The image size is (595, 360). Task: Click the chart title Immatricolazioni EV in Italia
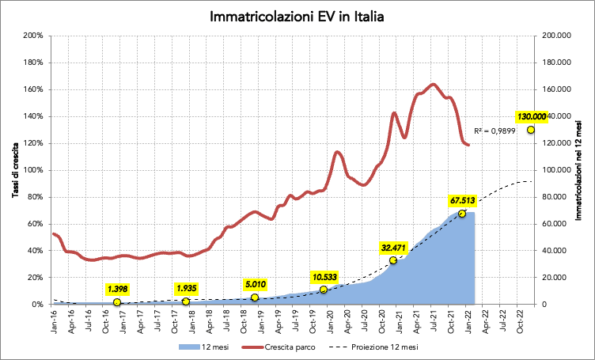coord(297,16)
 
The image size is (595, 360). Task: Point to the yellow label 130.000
coord(531,116)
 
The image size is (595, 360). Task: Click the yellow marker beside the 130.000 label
coord(530,130)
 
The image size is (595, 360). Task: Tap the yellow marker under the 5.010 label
coord(254,297)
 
